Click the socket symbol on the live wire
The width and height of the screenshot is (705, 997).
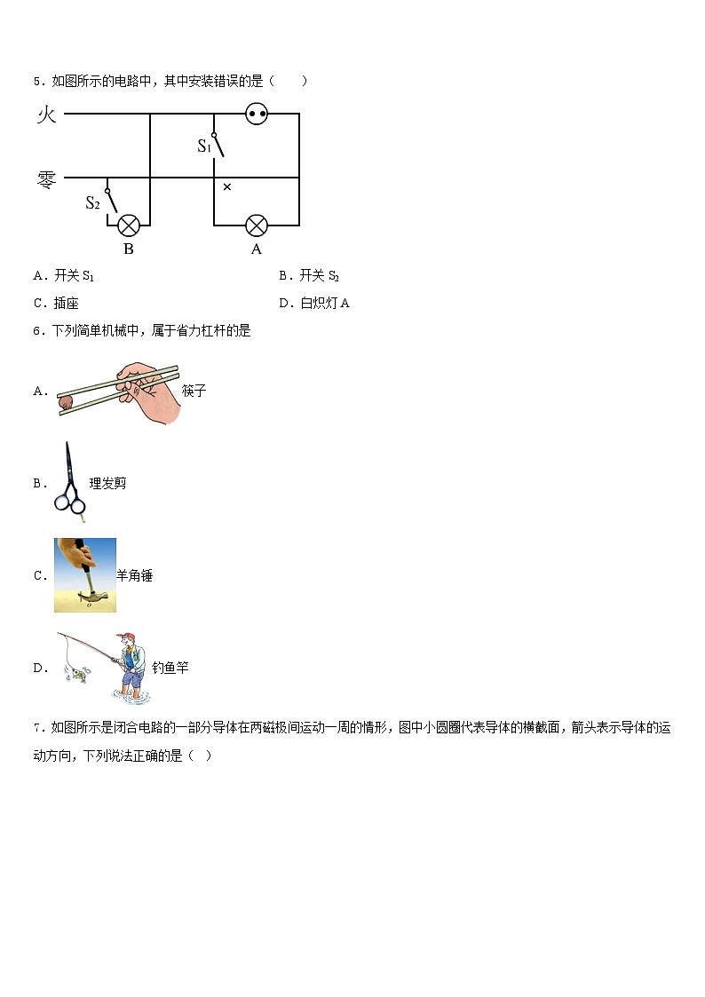click(x=257, y=115)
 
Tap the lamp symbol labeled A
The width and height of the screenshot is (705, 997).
click(x=257, y=225)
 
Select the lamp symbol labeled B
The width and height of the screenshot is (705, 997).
click(x=130, y=225)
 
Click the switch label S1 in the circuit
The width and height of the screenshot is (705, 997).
click(x=204, y=146)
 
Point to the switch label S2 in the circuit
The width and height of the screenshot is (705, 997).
click(x=92, y=202)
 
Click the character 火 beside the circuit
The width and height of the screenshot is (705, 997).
click(x=46, y=115)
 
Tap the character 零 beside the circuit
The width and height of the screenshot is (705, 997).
click(x=46, y=179)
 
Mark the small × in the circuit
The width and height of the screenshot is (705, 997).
click(x=227, y=186)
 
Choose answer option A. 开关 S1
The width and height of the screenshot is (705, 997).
click(x=64, y=276)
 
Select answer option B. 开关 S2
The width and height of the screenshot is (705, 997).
click(x=308, y=276)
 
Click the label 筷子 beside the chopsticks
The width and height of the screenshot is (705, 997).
click(x=194, y=391)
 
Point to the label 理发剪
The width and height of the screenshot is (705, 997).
click(x=108, y=483)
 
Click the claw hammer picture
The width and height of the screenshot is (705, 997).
click(x=85, y=575)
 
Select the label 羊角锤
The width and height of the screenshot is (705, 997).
click(x=135, y=575)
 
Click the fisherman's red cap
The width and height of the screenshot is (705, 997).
click(x=128, y=637)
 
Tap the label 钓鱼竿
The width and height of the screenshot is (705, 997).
click(x=170, y=668)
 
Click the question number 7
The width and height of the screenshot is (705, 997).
click(x=37, y=729)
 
